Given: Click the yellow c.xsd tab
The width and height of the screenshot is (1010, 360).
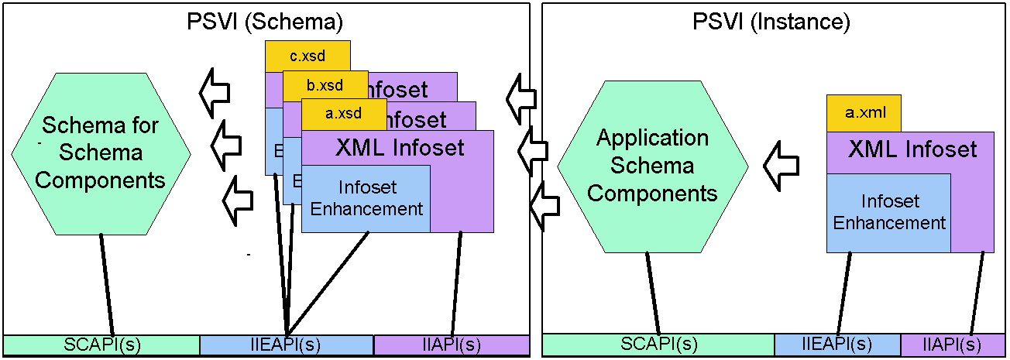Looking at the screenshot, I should [307, 56].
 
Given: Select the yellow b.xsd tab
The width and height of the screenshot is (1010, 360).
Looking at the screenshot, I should [325, 84].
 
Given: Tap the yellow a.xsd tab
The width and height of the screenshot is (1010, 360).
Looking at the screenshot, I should [343, 113].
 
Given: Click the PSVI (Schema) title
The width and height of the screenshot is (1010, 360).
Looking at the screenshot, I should [265, 22].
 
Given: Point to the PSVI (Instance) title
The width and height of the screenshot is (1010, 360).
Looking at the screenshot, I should [771, 22].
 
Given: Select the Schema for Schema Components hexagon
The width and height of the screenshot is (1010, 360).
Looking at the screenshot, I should [101, 153].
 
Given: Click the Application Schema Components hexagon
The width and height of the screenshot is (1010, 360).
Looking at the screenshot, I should [652, 166].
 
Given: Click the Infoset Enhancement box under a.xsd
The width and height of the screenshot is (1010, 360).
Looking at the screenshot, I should [366, 198].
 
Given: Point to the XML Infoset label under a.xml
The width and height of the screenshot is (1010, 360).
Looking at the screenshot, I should [912, 149].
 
